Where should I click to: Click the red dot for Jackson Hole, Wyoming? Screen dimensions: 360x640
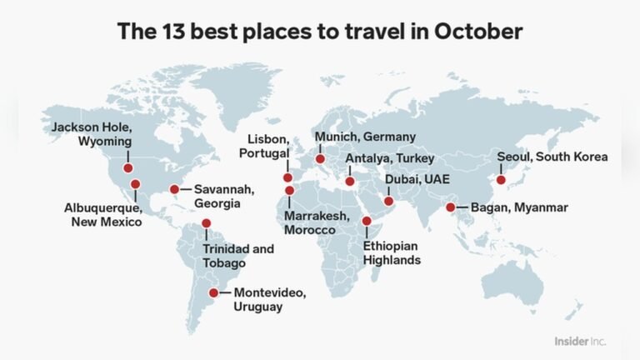tap(128, 168)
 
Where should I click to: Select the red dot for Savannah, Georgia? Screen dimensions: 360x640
tap(175, 189)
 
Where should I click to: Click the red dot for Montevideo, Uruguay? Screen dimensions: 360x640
tap(214, 292)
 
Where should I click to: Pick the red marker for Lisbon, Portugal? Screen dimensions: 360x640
tap(288, 177)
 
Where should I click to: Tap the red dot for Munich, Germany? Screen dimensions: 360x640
tap(319, 159)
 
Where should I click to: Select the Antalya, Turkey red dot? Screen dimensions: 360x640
tap(350, 181)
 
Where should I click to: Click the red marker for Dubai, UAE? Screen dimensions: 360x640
tap(388, 201)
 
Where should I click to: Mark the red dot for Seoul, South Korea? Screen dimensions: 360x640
tap(501, 179)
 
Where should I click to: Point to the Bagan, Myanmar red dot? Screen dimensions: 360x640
tap(451, 207)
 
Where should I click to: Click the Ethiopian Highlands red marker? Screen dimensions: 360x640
tap(367, 221)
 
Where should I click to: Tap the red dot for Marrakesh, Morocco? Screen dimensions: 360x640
tap(289, 191)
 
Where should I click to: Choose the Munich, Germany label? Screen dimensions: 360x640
tap(364, 137)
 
